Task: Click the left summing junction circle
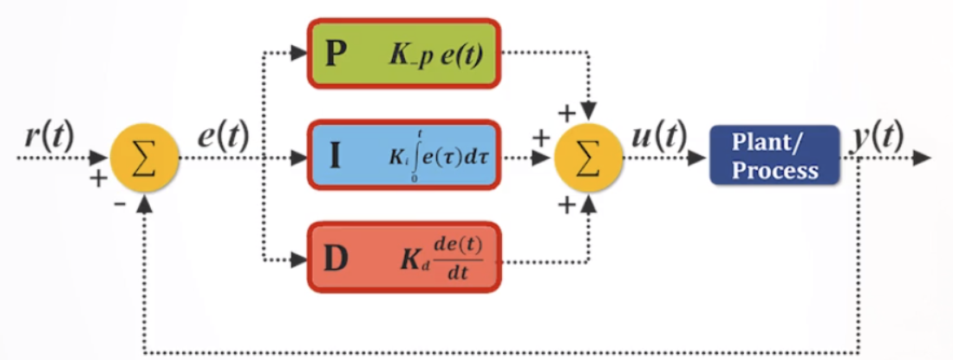tap(144, 159)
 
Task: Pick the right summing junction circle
tap(589, 159)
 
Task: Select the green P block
tap(404, 54)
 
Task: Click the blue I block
tap(404, 159)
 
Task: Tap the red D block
tap(404, 258)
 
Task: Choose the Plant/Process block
tap(774, 156)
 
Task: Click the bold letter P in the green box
tap(336, 55)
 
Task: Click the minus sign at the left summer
tap(118, 205)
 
